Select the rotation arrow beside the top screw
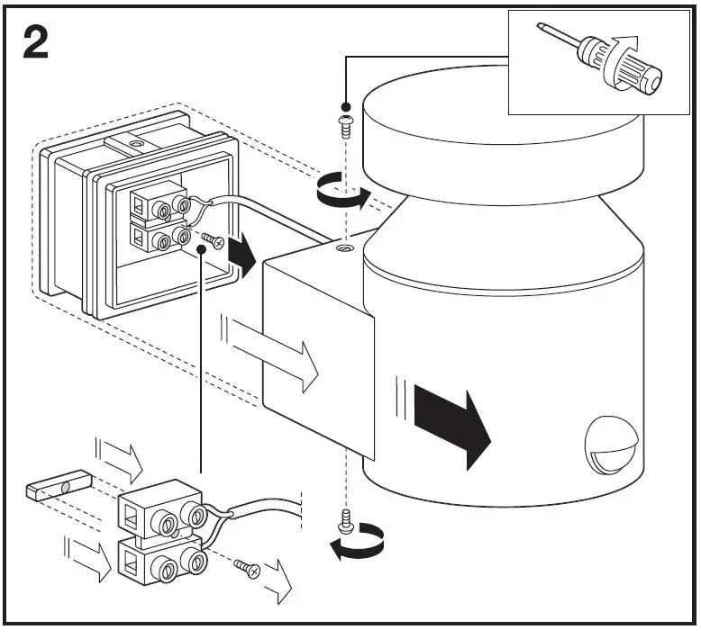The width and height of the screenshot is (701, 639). click(x=343, y=194)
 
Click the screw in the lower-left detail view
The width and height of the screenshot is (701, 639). click(x=245, y=567)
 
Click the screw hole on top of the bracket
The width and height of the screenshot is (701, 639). click(x=342, y=246)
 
